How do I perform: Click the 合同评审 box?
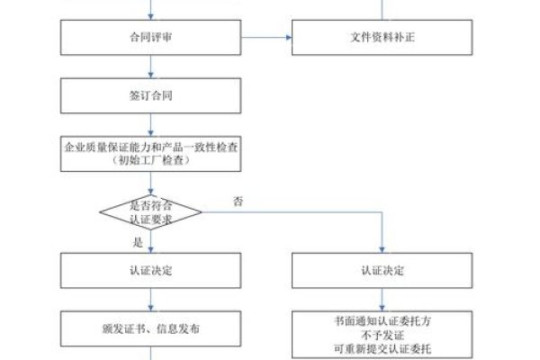pos(151,38)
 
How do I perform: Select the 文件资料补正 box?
pos(382,38)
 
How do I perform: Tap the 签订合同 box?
pos(151,94)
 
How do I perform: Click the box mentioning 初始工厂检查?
pos(151,153)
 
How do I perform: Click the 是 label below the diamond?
pos(138,241)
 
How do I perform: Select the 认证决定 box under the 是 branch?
pos(151,271)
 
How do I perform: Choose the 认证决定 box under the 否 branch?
pos(382,271)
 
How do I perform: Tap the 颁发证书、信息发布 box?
pos(151,329)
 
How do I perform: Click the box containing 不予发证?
pos(382,334)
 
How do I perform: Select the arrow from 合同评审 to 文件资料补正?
pos(266,38)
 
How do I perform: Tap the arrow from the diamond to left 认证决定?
pos(151,241)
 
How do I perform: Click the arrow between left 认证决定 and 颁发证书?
pos(151,300)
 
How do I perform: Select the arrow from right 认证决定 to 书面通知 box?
pos(382,300)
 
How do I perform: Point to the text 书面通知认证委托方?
pos(382,319)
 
